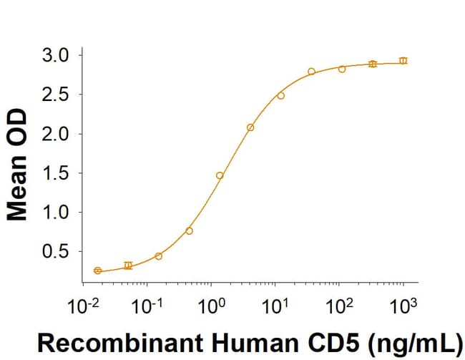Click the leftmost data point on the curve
(x=97, y=271)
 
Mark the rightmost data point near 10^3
(x=403, y=61)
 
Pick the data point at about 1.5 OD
(x=220, y=175)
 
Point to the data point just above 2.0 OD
(x=250, y=127)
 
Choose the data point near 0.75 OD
(x=189, y=230)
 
